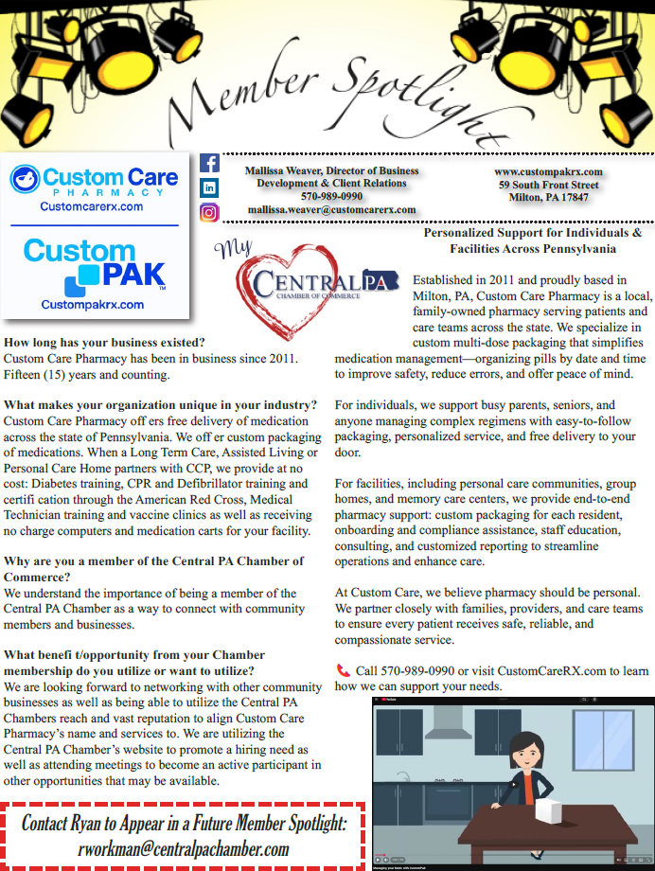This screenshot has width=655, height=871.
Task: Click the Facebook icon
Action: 209,163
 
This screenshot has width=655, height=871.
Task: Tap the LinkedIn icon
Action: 209,187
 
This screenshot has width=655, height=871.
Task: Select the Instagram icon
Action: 209,212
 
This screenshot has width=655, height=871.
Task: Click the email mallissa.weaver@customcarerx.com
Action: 331,209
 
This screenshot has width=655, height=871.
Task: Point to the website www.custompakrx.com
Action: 548,171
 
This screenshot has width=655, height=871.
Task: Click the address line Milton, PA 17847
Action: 548,198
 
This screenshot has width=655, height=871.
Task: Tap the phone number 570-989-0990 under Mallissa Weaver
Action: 331,196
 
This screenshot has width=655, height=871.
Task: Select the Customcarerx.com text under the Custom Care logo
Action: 92,205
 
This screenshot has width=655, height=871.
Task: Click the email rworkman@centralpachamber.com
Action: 183,848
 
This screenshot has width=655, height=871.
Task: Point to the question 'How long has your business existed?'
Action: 105,341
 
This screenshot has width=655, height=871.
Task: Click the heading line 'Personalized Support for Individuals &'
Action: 533,232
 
